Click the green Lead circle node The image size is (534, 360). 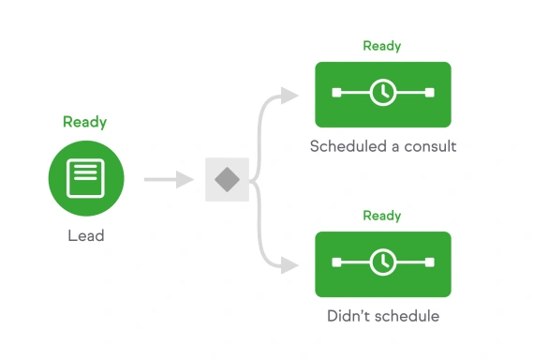(x=85, y=177)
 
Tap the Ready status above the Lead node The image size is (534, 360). (x=85, y=122)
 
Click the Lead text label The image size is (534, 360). (x=85, y=236)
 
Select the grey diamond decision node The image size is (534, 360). (x=227, y=179)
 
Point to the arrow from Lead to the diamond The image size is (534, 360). (x=169, y=179)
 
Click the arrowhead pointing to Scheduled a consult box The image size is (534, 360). (x=291, y=95)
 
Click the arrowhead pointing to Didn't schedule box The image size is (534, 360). (x=291, y=264)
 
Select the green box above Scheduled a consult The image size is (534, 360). (x=382, y=94)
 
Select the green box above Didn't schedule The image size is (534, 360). (x=382, y=263)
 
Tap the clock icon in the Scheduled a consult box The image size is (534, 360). (x=382, y=92)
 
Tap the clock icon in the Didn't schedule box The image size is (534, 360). (x=382, y=262)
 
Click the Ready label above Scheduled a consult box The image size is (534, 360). (x=382, y=46)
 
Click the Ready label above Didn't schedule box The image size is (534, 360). (x=382, y=216)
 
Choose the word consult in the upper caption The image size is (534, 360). (x=428, y=147)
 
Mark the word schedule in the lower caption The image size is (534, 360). (x=407, y=316)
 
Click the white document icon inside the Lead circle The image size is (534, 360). (x=85, y=175)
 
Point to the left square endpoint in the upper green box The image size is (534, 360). (x=335, y=92)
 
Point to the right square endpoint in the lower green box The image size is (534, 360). (x=429, y=262)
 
